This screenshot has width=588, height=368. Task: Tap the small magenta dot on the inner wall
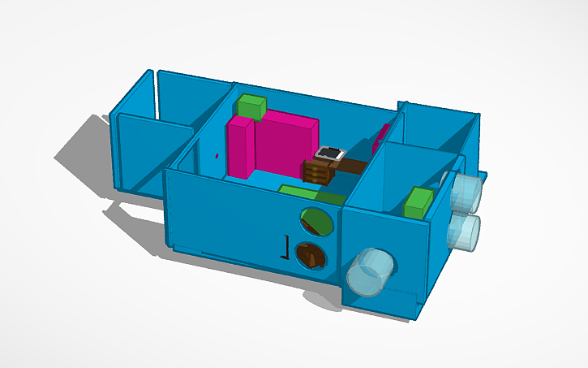coord(217,154)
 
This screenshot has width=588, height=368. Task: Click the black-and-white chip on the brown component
coord(330,153)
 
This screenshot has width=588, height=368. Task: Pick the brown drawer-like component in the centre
coord(318,171)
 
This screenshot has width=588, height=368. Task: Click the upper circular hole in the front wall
coord(315,220)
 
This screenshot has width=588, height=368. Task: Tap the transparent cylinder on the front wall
coord(370,271)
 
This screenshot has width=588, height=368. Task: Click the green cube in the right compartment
coord(418,202)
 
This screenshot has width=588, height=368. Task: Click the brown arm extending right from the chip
coord(354,166)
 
